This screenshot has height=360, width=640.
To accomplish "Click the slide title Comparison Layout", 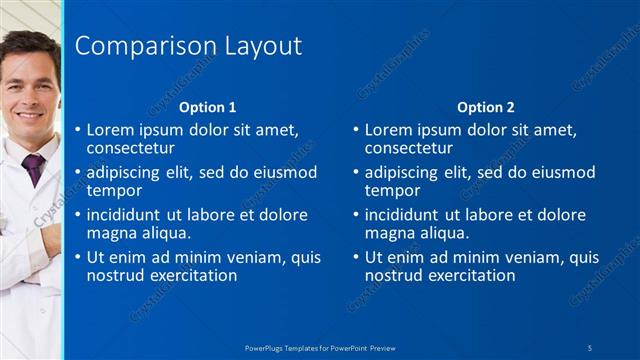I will pos(189,46).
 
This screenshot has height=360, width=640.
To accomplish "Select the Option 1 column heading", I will pos(207,107).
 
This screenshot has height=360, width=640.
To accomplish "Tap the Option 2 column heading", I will pos(485,107).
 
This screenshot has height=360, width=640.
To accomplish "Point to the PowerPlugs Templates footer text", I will pos(320,347).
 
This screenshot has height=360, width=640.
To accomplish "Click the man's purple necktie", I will pos(34,167).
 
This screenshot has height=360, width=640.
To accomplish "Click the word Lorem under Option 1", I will pos(110,129).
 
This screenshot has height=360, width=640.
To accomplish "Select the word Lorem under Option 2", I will pos(388,129).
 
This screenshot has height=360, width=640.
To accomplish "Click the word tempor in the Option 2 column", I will pos(393,190).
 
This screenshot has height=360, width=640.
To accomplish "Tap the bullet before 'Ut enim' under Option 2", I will pos(356,257).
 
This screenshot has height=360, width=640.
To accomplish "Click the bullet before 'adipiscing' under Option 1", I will pos(78,172).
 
